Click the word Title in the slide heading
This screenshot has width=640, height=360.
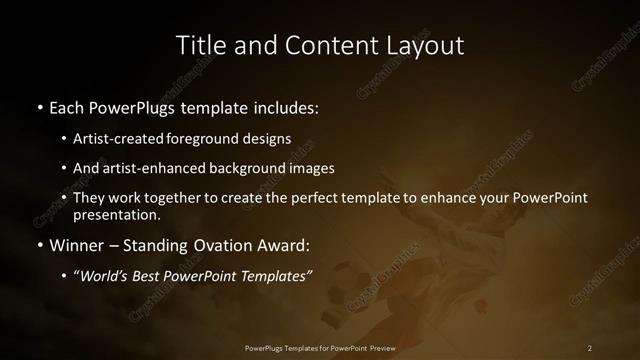coord(199,45)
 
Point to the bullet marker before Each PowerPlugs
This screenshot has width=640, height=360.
coord(39,106)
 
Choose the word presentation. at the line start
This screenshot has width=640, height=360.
coord(116,214)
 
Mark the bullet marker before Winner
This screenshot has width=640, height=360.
coord(39,244)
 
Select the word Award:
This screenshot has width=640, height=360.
coord(283,244)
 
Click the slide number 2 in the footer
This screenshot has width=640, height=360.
coord(590,347)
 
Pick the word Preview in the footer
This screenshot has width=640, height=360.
coord(380,347)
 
